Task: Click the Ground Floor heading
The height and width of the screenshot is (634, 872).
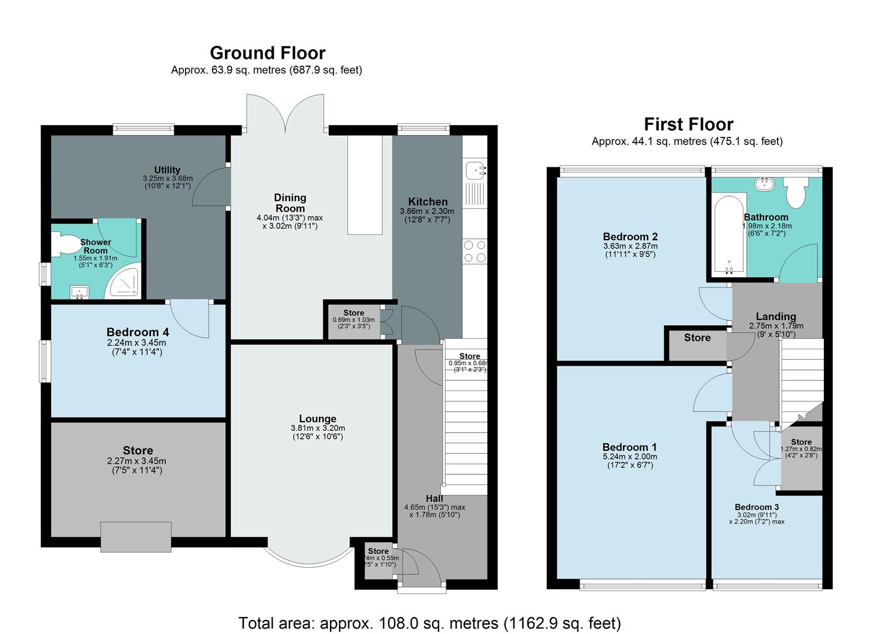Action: (267, 53)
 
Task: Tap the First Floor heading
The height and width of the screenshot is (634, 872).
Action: (688, 124)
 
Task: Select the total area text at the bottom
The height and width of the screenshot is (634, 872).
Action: (429, 623)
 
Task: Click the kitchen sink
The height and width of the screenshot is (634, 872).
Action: (474, 171)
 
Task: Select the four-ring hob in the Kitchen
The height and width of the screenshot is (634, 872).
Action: (474, 251)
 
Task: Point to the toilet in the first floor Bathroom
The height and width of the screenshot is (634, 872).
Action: (796, 193)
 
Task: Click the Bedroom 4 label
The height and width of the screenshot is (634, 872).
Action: (137, 332)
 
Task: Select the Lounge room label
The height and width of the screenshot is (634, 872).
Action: (318, 419)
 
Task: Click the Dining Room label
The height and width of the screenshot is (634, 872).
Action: (290, 203)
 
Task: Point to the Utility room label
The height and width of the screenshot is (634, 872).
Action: (167, 170)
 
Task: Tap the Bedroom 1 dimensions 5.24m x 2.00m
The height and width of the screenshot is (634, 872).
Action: (629, 456)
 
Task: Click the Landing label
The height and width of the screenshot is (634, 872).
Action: (776, 316)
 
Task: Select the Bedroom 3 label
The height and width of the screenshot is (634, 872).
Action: (756, 507)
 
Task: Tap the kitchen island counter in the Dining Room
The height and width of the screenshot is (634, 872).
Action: (365, 185)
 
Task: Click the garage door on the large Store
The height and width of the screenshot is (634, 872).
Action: (136, 537)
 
